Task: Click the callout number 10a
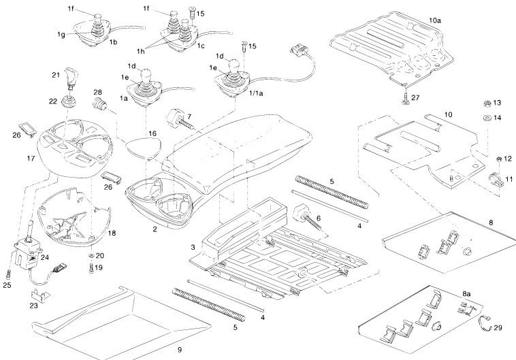point(436,21)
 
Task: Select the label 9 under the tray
point(179,350)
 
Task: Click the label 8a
point(466,293)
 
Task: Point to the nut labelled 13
point(485,103)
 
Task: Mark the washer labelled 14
point(485,117)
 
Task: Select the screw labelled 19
point(91,267)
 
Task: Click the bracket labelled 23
point(39,295)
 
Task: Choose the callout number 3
point(193,246)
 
